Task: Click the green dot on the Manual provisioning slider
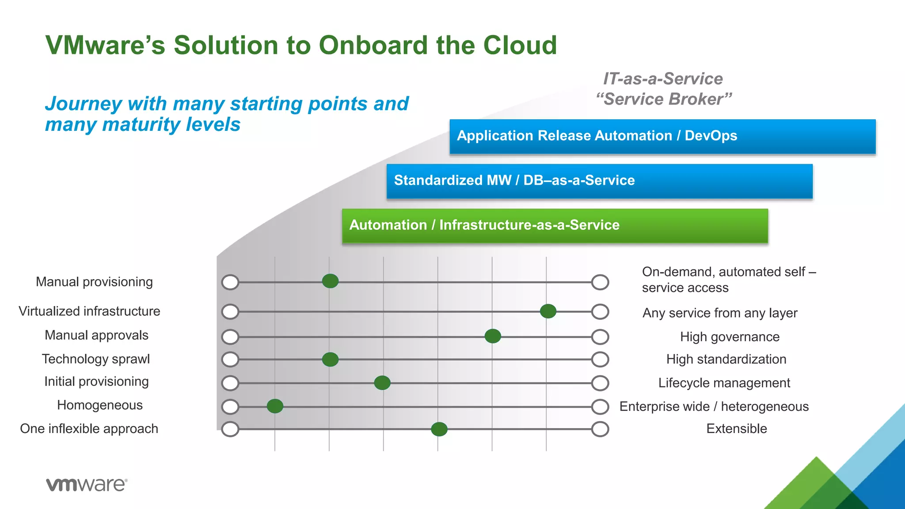point(330,281)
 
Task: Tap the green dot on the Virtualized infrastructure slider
point(548,311)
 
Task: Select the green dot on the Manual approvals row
point(493,336)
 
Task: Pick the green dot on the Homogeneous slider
point(275,406)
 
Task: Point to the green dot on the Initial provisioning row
point(382,383)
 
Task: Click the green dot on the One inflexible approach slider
point(439,429)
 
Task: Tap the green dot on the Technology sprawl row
point(330,360)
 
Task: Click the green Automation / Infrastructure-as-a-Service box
point(555,226)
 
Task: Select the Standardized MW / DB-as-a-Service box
point(599,181)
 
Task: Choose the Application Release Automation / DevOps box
point(662,136)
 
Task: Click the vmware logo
point(87,485)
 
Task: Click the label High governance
point(730,337)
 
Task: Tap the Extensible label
point(736,429)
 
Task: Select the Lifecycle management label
point(724,383)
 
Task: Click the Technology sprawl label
point(96,359)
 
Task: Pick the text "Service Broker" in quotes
point(664,99)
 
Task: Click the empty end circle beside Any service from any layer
point(600,311)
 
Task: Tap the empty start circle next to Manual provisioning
point(230,282)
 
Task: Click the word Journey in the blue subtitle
point(83,104)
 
